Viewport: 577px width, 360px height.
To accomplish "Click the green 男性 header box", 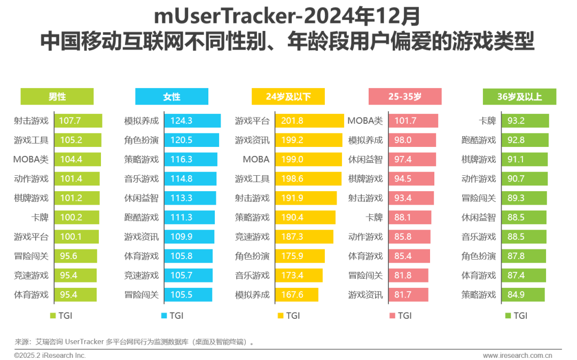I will click(x=57, y=97).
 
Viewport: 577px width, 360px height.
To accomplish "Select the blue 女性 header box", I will click(x=171, y=97).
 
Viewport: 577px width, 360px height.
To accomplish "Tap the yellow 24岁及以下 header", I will click(x=288, y=97).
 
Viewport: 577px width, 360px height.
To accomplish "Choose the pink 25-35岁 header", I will click(x=404, y=97).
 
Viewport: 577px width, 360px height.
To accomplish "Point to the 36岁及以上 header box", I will click(x=519, y=97).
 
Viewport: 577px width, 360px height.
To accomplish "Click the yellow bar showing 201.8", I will click(x=309, y=121).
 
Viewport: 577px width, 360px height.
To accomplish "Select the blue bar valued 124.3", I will click(x=192, y=121).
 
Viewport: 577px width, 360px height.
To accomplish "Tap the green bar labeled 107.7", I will click(x=79, y=121).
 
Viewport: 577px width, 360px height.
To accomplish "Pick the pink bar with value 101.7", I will click(x=413, y=121).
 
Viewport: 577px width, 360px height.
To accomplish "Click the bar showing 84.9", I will click(x=523, y=294).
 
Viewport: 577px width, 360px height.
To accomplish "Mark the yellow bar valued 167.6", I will click(x=297, y=294).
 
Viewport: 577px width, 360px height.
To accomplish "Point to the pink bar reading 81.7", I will click(x=408, y=294).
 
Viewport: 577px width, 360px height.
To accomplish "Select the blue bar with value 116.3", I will click(x=191, y=159).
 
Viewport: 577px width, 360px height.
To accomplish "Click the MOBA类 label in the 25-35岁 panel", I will click(x=365, y=121).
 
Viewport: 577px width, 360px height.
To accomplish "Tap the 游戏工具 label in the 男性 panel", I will click(x=31, y=140).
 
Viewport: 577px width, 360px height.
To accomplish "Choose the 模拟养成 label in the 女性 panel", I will click(x=142, y=121).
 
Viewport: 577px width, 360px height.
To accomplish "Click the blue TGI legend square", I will click(x=164, y=316).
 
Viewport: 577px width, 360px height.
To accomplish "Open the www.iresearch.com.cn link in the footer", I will click(x=517, y=355).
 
